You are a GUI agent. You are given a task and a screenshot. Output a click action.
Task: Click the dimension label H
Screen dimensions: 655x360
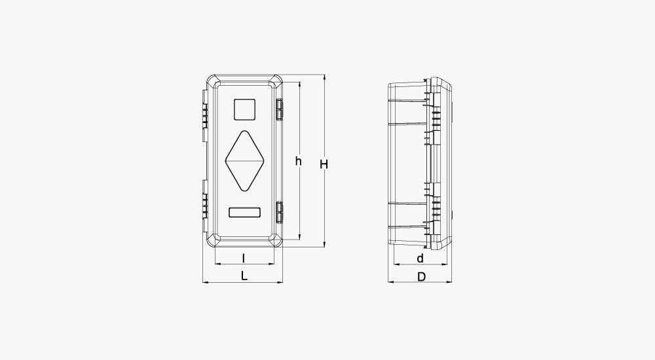pos(324,164)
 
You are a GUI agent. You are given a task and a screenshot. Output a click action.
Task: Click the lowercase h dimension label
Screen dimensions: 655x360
pos(298,161)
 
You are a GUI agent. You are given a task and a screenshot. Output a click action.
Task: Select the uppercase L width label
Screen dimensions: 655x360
pos(244,276)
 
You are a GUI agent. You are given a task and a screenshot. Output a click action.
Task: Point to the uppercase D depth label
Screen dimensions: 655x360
pos(421,276)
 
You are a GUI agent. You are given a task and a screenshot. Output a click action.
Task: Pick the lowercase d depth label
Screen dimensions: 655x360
pos(421,259)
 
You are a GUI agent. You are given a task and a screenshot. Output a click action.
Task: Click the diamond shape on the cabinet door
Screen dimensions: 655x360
pos(244,161)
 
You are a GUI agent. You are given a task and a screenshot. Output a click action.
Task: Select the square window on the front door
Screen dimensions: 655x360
pos(244,109)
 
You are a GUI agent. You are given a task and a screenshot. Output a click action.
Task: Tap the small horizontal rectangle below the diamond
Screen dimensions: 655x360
pos(244,212)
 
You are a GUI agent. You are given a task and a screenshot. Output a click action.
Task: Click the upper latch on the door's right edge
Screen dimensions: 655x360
pos(279,109)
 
